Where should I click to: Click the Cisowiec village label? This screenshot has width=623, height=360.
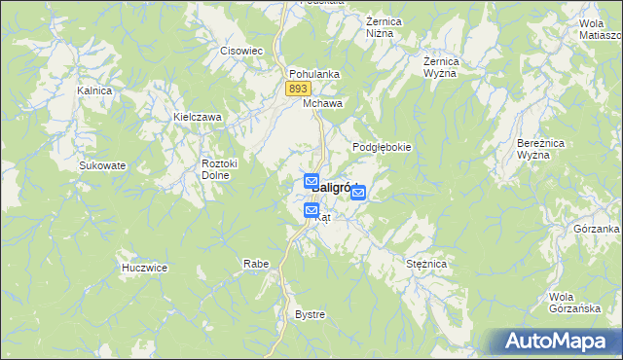[242, 51]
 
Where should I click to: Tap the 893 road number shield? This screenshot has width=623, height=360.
[298, 89]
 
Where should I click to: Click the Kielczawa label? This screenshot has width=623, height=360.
[198, 117]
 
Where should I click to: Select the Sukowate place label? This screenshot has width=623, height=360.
[102, 165]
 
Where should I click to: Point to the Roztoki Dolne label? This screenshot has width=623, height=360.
[214, 169]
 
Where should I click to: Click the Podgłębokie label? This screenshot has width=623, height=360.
[382, 147]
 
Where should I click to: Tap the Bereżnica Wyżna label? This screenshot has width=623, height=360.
[535, 149]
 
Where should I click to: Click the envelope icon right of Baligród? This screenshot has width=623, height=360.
[358, 194]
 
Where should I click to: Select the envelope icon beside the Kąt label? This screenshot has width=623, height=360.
[311, 210]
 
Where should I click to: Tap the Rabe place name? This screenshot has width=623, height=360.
[256, 264]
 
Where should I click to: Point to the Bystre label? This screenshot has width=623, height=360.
[310, 314]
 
